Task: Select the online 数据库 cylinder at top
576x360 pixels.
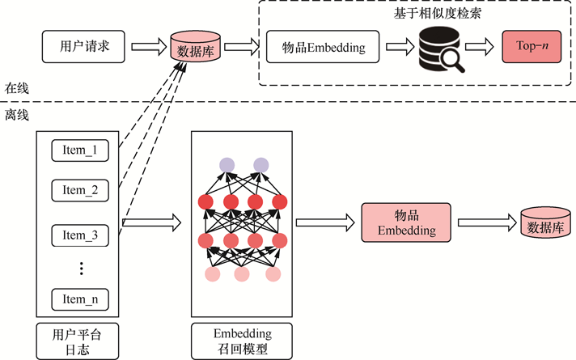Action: tap(195, 48)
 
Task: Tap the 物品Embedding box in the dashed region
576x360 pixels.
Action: tap(322, 48)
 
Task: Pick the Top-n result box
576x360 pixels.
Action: tap(531, 48)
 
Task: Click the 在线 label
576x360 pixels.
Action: tap(17, 87)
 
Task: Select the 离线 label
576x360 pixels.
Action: tap(17, 116)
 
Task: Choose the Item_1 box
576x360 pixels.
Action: tap(80, 150)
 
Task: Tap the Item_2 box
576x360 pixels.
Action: tap(80, 191)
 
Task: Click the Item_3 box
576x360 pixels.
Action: tap(80, 235)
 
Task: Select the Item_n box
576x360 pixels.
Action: tap(80, 299)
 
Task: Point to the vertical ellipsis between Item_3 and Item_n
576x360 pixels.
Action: tap(81, 268)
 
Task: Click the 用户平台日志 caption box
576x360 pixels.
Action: tap(80, 341)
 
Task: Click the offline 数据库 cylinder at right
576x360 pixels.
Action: tap(544, 226)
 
